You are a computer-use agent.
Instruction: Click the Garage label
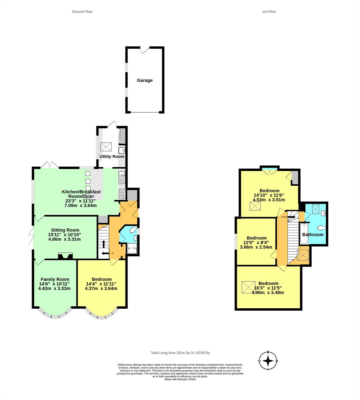[145, 80]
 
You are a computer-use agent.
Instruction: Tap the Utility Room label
[112, 156]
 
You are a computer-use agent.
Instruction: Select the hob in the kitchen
[122, 194]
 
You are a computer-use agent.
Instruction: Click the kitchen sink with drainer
[122, 177]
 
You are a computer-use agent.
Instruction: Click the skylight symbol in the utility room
[106, 147]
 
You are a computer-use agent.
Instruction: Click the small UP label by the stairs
[112, 253]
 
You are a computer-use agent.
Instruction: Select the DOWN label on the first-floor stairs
[284, 217]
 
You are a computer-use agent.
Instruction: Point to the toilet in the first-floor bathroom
[321, 228]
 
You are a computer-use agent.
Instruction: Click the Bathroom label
[313, 235]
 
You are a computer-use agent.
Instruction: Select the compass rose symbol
[268, 361]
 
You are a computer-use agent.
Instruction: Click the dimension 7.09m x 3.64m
[80, 205]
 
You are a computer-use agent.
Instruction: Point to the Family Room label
[55, 279]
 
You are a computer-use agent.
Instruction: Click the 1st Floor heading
[269, 12]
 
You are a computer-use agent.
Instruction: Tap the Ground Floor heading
[82, 12]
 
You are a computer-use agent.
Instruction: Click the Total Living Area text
[180, 353]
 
